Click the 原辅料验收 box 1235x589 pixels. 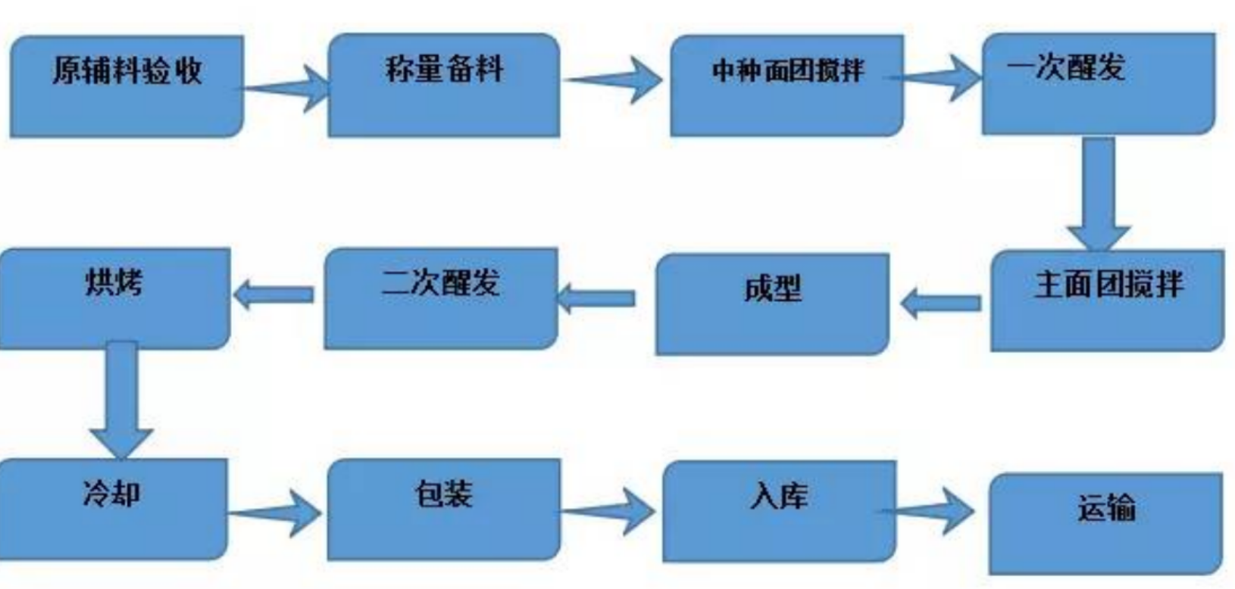pyautogui.click(x=127, y=86)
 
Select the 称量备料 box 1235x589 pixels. pyautogui.click(x=445, y=86)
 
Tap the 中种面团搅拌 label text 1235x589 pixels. pyautogui.click(x=788, y=71)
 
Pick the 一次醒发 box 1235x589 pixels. pyautogui.click(x=1099, y=84)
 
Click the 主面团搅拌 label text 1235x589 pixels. pyautogui.click(x=1108, y=285)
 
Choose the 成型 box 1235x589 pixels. pyautogui.click(x=772, y=304)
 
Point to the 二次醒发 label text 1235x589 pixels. pyautogui.click(x=440, y=282)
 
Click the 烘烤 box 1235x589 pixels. pyautogui.click(x=114, y=298)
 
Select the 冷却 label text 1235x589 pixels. pyautogui.click(x=111, y=493)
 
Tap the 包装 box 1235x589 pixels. pyautogui.click(x=445, y=510)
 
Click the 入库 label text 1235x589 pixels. pyautogui.click(x=779, y=497)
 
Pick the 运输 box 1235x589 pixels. pyautogui.click(x=1105, y=524)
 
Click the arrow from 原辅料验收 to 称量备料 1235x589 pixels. pyautogui.click(x=286, y=89)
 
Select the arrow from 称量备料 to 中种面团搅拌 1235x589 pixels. pyautogui.click(x=612, y=80)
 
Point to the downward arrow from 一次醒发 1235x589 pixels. pyautogui.click(x=1099, y=195)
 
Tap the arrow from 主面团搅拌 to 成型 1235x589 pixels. pyautogui.click(x=940, y=304)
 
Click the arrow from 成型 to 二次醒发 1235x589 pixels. pyautogui.click(x=596, y=298)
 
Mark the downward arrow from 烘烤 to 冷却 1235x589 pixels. pyautogui.click(x=121, y=400)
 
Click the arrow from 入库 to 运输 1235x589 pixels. pyautogui.click(x=927, y=511)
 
